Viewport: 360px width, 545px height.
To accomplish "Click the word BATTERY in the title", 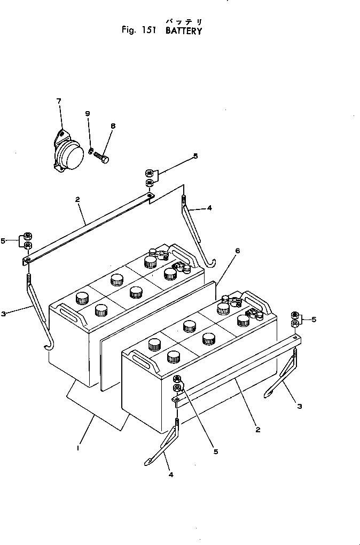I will (184, 31).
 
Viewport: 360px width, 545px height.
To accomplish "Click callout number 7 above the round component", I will (59, 100).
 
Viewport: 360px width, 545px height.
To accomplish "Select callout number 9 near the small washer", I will (88, 113).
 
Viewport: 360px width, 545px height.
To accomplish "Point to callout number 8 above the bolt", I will (113, 126).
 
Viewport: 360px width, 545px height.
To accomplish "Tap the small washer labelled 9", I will (91, 150).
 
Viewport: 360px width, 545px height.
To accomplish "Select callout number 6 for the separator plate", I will (237, 250).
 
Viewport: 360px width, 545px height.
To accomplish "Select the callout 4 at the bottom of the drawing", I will (170, 474).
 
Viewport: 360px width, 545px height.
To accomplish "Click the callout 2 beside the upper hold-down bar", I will (78, 200).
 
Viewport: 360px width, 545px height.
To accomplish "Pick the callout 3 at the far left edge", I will (4, 314).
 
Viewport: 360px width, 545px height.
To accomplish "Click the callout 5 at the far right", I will (314, 320).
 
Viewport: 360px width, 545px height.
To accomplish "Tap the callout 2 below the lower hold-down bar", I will (257, 429).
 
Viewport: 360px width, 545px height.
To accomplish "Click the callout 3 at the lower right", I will (300, 406).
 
